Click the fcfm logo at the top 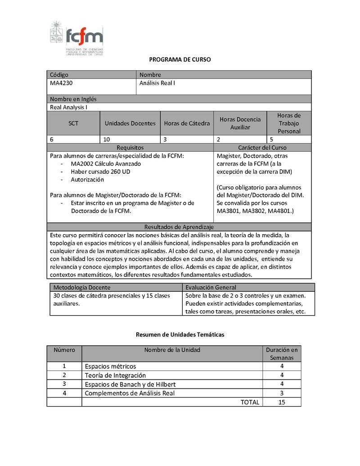coord(76,38)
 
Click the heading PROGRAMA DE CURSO coord(180,59)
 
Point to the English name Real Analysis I coord(68,107)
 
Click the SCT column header coord(73,123)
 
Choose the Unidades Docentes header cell coord(130,123)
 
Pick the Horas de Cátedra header coord(187,123)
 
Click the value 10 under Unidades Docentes coord(107,139)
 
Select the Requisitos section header coord(130,147)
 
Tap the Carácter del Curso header coord(262,147)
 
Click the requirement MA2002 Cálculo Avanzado coord(106,164)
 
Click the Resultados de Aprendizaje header coord(179,226)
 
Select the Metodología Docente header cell coord(82,287)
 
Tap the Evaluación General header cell coord(211,287)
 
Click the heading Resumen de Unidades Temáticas coord(180,335)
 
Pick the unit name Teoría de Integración coord(115,375)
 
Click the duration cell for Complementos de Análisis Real coord(282,393)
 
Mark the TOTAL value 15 coord(282,402)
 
